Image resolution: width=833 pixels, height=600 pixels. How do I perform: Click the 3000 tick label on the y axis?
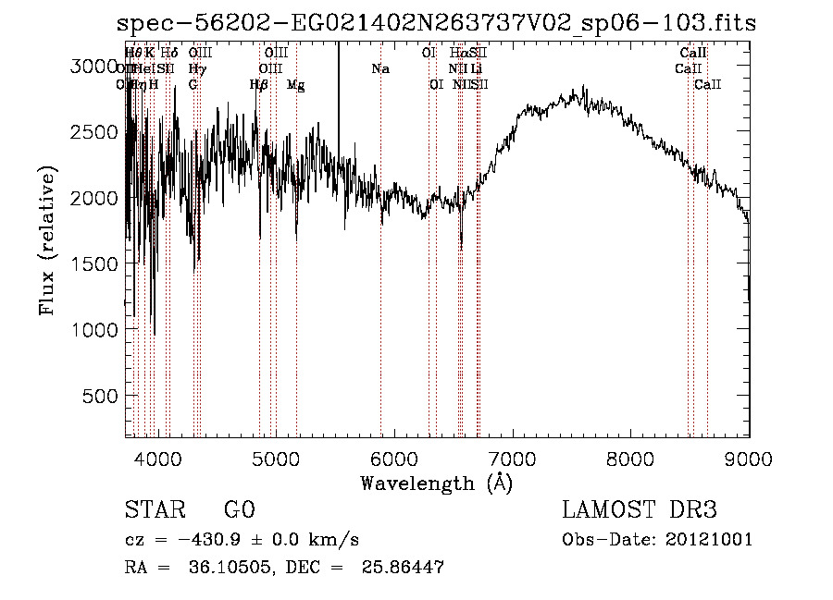pos(95,67)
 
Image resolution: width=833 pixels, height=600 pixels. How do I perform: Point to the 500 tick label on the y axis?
pos(102,396)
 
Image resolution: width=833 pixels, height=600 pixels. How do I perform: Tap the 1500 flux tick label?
pos(95,263)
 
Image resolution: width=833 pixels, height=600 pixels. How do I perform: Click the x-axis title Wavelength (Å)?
pos(436,483)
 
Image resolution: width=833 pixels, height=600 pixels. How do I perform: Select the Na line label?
pos(380,69)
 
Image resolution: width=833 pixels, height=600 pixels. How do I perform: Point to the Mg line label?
pos(296,85)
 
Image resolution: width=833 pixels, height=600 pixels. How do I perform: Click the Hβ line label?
pos(259,85)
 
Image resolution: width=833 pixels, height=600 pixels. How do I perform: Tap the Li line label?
pos(476,69)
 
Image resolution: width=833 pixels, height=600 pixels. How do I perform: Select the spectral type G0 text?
pos(238,511)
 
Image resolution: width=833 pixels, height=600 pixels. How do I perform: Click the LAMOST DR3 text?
pos(639,511)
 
